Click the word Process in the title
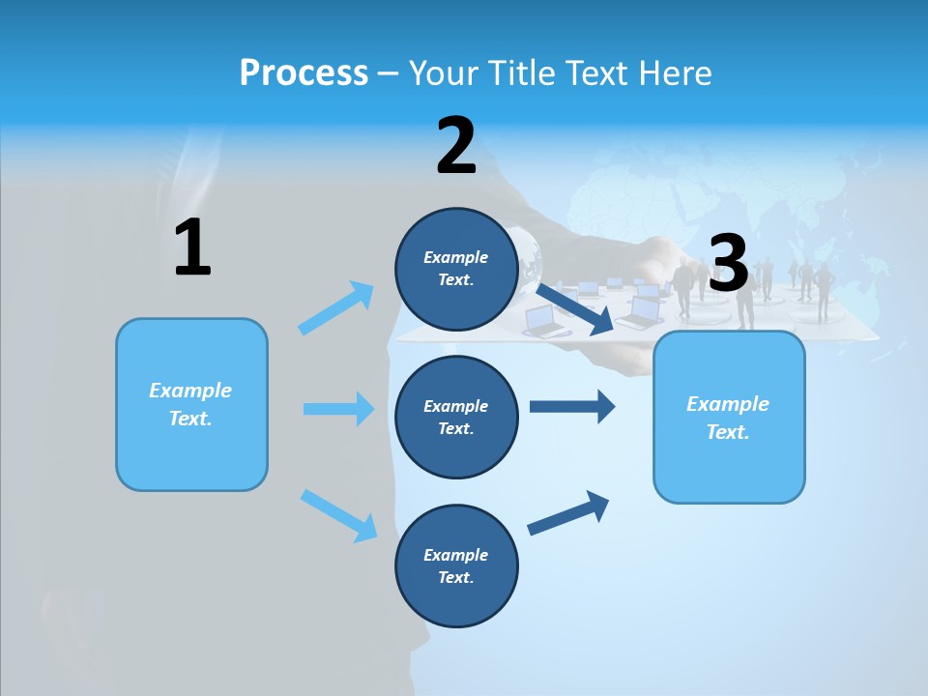[x=304, y=73]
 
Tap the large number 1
[x=192, y=247]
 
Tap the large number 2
[x=456, y=146]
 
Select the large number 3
[x=729, y=264]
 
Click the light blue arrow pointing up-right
[x=336, y=307]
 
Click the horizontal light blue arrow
[x=338, y=409]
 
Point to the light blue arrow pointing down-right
[x=338, y=514]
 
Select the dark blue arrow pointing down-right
[x=574, y=308]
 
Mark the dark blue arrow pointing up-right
[x=568, y=512]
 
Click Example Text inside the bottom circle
[x=456, y=566]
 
